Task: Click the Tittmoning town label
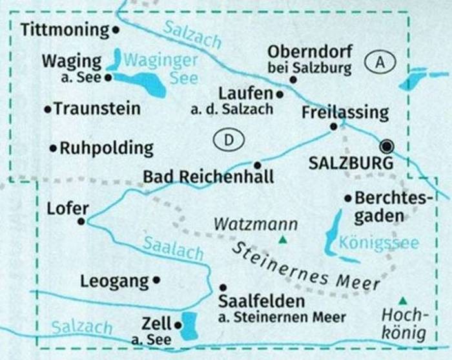(x=65, y=29)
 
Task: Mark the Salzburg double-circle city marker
(x=387, y=145)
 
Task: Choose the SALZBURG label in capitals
(x=351, y=164)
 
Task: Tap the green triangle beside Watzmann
(x=282, y=241)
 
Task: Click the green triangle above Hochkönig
(x=403, y=300)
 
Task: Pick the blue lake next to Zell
(x=188, y=325)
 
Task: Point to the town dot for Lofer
(x=81, y=221)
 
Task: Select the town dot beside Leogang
(x=157, y=281)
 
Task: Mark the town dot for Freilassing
(x=333, y=127)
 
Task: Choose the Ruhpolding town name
(x=107, y=149)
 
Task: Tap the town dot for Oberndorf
(x=293, y=79)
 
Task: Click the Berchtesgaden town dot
(x=348, y=198)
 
